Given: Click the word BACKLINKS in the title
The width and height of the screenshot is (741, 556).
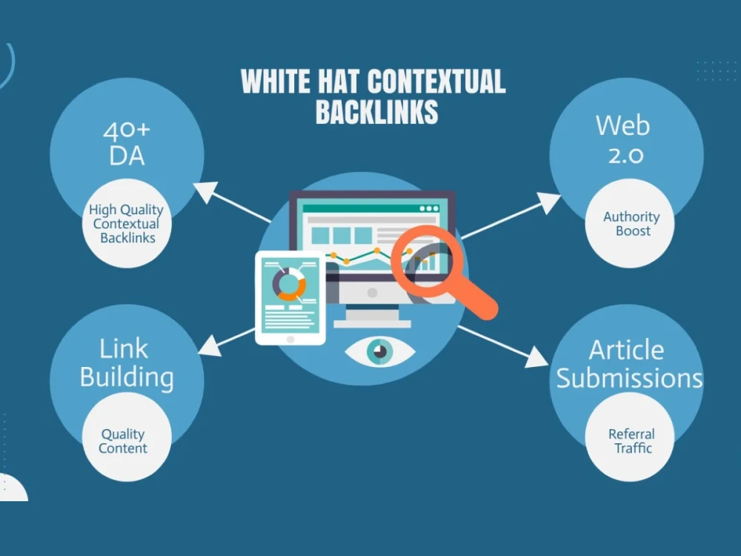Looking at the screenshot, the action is click(x=376, y=112).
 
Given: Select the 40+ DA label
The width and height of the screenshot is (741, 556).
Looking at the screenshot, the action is click(x=127, y=144).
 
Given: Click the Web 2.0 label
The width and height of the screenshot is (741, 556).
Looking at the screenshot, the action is click(x=624, y=139).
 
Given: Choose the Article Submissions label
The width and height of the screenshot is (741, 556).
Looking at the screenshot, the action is click(x=628, y=364).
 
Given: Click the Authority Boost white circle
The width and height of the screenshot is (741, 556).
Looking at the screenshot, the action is click(x=630, y=223).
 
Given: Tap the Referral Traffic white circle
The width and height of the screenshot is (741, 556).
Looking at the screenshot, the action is click(x=630, y=437).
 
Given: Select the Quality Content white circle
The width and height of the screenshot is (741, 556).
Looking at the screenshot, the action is click(x=127, y=437).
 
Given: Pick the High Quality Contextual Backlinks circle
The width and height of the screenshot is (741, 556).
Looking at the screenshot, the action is click(x=127, y=223).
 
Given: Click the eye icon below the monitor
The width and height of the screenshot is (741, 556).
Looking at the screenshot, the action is click(x=379, y=351).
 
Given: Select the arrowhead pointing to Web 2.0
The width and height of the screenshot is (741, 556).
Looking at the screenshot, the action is click(x=548, y=202).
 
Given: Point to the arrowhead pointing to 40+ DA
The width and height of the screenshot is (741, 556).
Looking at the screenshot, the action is click(x=206, y=192).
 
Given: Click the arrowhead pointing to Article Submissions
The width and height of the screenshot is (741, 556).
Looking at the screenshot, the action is click(x=536, y=357).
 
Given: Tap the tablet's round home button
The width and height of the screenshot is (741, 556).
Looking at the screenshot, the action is click(x=290, y=340).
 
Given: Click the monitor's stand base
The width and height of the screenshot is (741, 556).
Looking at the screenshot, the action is click(x=373, y=324).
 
